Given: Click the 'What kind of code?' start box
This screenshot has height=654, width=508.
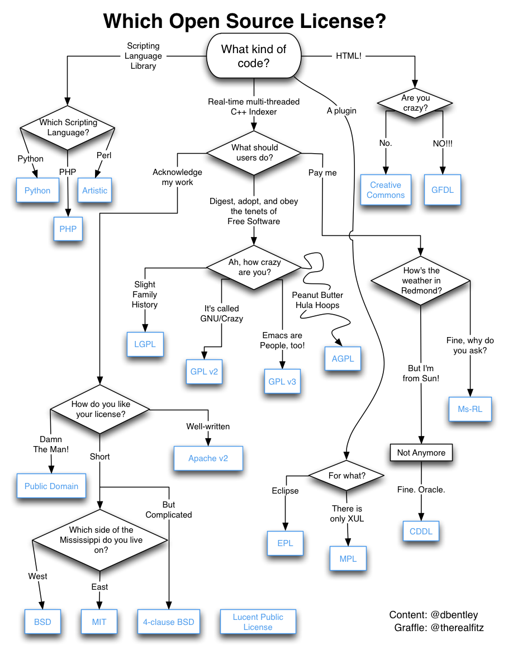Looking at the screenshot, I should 254,56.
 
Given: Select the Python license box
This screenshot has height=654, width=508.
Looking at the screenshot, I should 37,191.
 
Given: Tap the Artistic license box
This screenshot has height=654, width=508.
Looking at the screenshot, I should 94,191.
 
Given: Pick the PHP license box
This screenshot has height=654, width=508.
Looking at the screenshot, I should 68,229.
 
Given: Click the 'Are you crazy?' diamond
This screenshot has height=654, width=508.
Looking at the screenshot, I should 415,103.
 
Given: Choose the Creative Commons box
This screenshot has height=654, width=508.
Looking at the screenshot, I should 386,190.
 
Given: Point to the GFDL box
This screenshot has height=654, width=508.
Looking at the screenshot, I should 443,190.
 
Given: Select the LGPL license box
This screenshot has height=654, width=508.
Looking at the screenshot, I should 145,344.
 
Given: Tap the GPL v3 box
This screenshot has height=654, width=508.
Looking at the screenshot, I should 282,382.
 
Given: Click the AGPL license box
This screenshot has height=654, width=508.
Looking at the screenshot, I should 343,359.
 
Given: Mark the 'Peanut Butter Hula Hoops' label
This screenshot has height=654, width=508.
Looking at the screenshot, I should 317,300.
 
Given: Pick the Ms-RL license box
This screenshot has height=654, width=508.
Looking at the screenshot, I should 469,409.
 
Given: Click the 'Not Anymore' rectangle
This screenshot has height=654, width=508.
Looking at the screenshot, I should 421,453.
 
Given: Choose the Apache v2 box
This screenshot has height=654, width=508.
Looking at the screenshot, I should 208,458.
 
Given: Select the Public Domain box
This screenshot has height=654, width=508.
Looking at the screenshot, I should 51,486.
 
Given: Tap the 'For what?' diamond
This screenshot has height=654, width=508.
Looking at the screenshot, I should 346,476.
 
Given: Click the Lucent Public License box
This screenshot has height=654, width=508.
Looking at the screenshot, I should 258,622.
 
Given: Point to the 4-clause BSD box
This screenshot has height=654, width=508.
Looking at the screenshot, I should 169,622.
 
